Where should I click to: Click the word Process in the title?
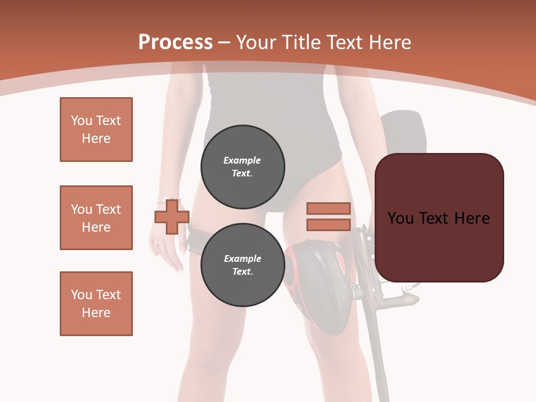point(175,42)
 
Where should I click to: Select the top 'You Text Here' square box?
point(96,130)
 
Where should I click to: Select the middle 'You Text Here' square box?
point(96,218)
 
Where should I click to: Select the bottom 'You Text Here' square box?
point(96,304)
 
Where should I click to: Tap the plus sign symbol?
point(172,217)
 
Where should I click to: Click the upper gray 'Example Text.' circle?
point(243,166)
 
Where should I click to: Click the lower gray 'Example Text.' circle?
point(243,265)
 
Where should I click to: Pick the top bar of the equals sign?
point(328,208)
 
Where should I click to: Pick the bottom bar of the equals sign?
point(328,224)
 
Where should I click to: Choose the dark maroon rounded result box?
point(439,218)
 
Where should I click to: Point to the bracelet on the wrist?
point(169,199)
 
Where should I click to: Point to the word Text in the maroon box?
point(437,218)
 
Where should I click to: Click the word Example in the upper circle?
point(242,160)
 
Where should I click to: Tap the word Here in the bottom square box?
point(96,313)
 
